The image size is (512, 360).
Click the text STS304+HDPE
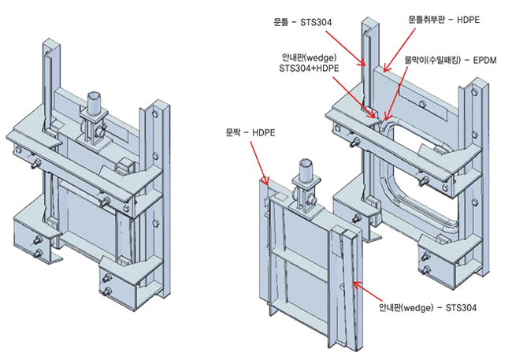click(x=308, y=69)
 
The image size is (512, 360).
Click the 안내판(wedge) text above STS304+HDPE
click(x=309, y=58)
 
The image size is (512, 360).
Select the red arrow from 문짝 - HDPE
click(x=258, y=161)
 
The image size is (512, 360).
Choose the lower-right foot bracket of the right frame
click(x=445, y=260)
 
